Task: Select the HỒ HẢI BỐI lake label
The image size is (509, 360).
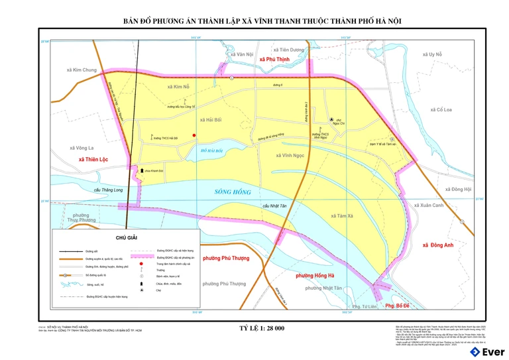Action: [212, 151]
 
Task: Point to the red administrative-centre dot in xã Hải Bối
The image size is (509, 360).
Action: [194, 135]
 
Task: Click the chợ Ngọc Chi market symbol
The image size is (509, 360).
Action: [332, 119]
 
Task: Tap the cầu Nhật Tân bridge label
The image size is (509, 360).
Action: [275, 206]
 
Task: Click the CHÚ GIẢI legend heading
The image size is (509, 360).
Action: [127, 236]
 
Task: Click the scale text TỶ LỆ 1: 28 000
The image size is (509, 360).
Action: [262, 328]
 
